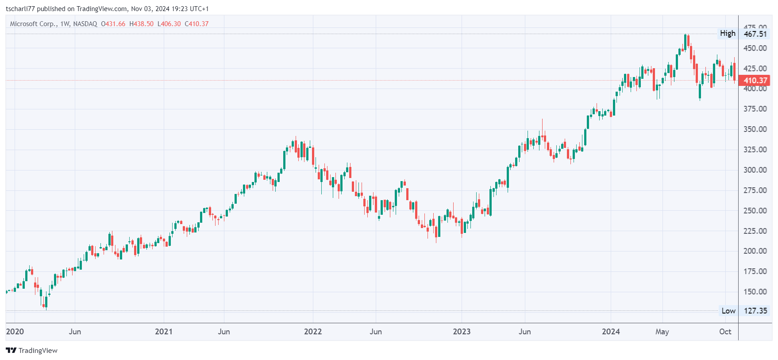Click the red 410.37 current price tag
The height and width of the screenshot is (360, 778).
tap(755, 81)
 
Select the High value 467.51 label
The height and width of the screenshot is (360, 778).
tap(755, 34)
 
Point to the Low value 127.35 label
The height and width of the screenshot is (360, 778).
tap(755, 311)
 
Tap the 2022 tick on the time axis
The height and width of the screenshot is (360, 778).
tap(313, 332)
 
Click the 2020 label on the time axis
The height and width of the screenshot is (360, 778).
tap(15, 332)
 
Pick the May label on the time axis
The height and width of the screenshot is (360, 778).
tap(662, 332)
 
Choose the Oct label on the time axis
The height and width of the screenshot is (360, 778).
tap(725, 332)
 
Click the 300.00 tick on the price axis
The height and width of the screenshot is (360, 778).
tap(755, 170)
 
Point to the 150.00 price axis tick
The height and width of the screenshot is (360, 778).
tap(755, 292)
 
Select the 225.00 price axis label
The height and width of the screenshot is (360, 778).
tap(755, 231)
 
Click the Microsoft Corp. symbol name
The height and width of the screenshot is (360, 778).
tap(34, 24)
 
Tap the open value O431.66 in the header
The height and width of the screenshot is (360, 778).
tap(113, 24)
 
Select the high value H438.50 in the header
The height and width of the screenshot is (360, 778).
tap(142, 24)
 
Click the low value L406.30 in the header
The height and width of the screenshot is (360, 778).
tap(169, 24)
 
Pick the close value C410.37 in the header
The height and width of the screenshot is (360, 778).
tap(196, 24)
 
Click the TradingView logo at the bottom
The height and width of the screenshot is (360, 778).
tap(32, 351)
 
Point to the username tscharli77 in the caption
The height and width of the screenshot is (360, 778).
tap(20, 9)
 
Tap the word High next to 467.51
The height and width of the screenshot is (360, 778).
tap(728, 34)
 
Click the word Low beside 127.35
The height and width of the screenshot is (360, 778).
tap(728, 311)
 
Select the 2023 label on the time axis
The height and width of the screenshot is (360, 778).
tap(462, 332)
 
